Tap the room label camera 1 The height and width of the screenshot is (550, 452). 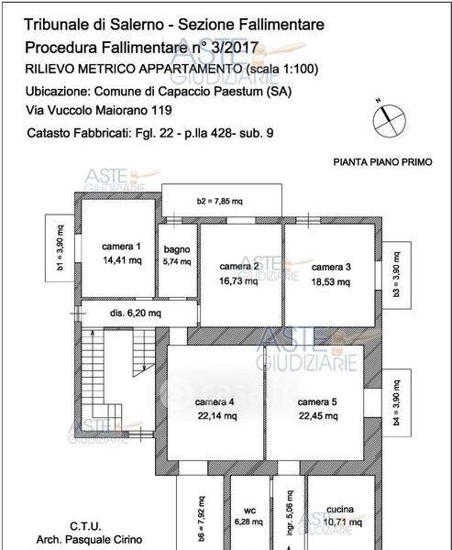click(121, 247)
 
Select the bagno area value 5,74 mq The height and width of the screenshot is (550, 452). click(177, 261)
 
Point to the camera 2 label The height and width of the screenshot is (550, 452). click(239, 266)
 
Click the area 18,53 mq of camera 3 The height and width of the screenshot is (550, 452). click(331, 282)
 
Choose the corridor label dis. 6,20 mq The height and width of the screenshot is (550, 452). click(136, 313)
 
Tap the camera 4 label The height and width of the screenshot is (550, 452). click(215, 402)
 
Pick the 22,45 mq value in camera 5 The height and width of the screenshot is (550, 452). click(318, 416)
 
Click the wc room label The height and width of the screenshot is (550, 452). click(249, 511)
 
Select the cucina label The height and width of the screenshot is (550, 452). click(340, 510)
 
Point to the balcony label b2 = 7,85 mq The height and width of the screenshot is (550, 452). click(220, 202)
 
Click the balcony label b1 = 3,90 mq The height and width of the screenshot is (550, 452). click(61, 247)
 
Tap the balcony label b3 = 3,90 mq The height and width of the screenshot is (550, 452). click(396, 275)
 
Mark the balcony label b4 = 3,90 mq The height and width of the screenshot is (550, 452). click(396, 402)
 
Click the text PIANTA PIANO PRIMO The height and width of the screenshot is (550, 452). click(382, 162)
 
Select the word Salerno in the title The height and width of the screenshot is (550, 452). click(137, 25)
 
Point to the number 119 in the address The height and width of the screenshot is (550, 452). click(161, 111)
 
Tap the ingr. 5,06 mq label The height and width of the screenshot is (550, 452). click(290, 513)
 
